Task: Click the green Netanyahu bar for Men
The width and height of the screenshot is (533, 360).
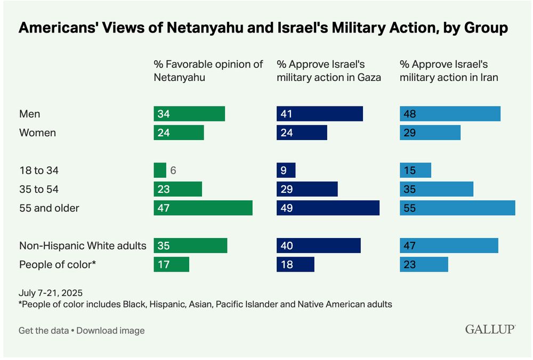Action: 189,114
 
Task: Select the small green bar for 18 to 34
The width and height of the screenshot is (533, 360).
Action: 160,170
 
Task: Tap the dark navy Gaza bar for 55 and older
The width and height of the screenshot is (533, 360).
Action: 328,208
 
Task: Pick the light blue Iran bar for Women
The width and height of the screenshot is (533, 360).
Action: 430,133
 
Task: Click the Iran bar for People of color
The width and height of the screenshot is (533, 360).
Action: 424,264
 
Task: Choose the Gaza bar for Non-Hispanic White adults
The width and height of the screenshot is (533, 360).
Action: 319,246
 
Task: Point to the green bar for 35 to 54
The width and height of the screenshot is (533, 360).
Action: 178,189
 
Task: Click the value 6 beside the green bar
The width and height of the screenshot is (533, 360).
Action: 173,170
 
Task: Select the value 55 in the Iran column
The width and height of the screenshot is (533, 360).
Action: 410,208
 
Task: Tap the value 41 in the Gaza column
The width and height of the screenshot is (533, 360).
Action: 287,114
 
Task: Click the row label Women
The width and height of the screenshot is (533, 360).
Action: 37,133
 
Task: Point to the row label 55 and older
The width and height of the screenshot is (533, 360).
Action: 49,208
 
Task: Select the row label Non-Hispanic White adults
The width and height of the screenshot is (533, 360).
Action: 83,246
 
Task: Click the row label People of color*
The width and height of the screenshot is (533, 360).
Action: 58,264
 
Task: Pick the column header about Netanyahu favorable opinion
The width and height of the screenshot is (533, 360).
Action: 208,71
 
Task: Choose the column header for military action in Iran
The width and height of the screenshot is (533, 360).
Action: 449,71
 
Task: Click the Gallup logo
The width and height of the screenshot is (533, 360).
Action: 490,329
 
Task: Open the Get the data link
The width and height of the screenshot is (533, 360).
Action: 44,331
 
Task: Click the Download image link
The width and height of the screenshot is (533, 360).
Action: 110,331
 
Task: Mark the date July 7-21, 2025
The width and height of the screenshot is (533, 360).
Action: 51,293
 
